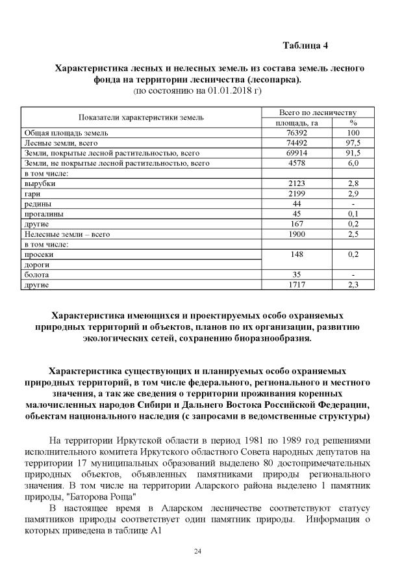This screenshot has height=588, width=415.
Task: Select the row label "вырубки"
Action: [40, 184]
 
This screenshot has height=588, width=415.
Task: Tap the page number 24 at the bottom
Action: [198, 552]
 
